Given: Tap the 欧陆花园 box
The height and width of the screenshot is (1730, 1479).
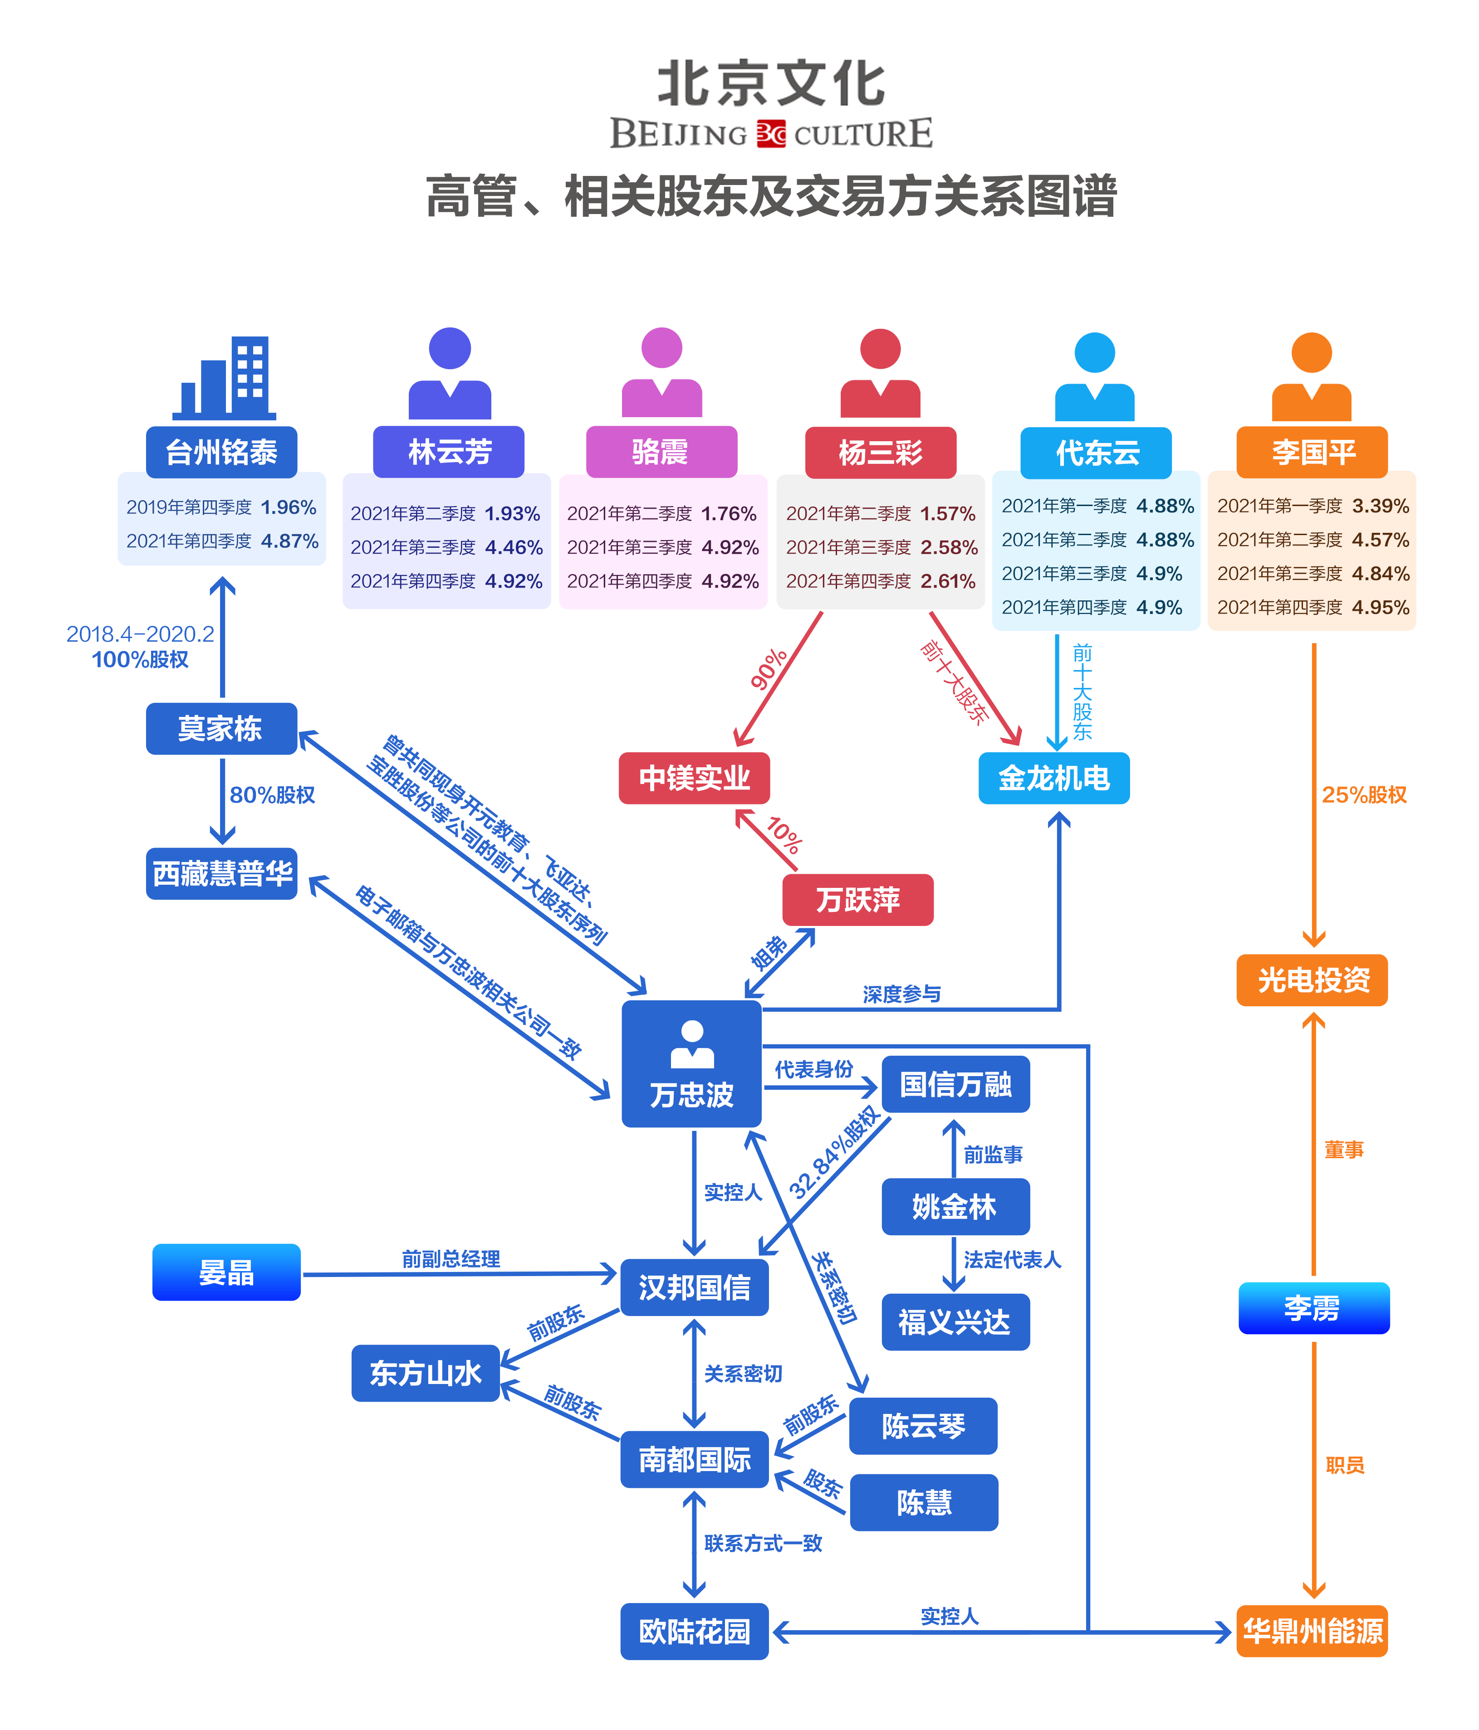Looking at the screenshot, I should point(694,1631).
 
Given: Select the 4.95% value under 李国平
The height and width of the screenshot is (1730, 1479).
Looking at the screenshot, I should point(1381,607).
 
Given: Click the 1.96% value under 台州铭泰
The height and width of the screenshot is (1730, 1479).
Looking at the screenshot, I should point(288,507).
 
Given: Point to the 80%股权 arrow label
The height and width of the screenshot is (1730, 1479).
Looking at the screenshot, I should point(272,795).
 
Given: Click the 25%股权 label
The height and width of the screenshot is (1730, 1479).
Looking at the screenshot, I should point(1364,795).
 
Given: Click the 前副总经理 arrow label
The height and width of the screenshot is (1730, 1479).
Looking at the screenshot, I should point(451,1258).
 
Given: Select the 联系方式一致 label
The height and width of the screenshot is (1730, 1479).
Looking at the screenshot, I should point(763,1543).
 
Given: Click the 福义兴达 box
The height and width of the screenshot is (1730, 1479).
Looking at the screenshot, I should point(955,1322).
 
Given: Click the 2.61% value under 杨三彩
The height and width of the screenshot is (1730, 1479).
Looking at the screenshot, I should point(948,581).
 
